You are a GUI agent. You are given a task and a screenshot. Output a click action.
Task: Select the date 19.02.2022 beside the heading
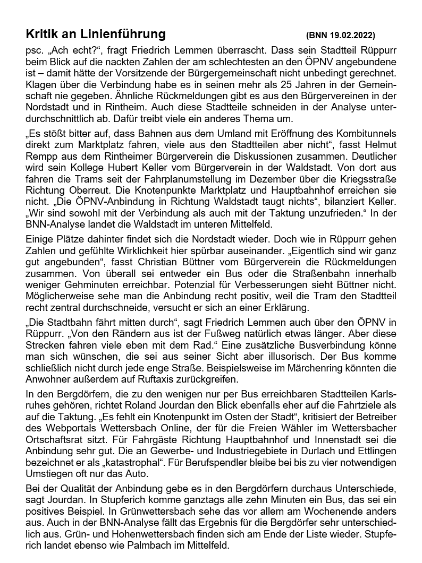click(x=351, y=36)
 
